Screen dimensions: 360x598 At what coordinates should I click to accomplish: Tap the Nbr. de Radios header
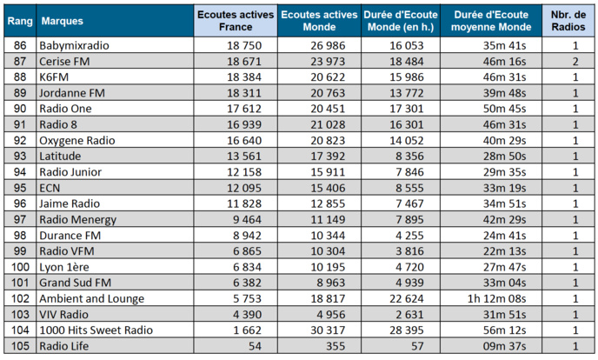pos(569,19)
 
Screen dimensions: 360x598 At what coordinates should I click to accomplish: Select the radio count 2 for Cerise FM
pos(575,62)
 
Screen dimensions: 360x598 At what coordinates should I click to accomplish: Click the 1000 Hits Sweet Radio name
pos(96,330)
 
